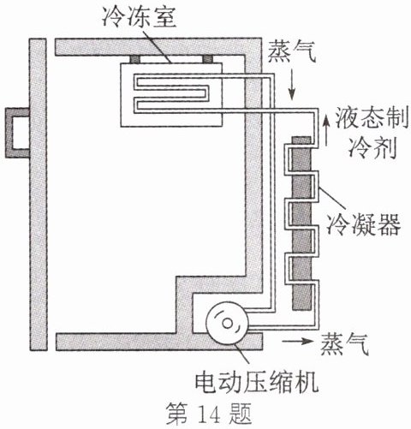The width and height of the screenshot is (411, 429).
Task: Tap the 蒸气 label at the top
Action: click(x=291, y=51)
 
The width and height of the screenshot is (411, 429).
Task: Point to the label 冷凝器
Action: click(x=364, y=224)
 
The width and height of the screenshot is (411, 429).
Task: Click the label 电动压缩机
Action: click(x=256, y=381)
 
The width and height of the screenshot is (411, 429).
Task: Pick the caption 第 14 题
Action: click(x=209, y=414)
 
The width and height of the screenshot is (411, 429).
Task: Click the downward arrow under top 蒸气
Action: click(x=291, y=86)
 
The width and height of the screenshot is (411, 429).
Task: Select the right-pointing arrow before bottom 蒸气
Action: click(x=297, y=341)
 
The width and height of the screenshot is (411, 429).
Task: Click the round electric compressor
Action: click(x=227, y=323)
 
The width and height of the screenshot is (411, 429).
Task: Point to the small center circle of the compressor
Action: click(x=227, y=323)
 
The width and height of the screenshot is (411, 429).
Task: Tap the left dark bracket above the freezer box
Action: click(x=135, y=59)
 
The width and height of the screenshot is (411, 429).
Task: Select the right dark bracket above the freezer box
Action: click(x=207, y=59)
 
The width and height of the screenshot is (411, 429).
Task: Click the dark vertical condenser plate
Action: click(x=301, y=223)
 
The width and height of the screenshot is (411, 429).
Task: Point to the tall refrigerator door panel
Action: click(x=38, y=194)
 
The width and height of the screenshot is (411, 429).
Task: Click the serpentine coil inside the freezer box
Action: click(x=171, y=93)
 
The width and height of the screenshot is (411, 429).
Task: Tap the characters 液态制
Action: click(x=372, y=117)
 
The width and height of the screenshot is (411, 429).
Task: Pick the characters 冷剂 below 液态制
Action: click(x=372, y=147)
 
